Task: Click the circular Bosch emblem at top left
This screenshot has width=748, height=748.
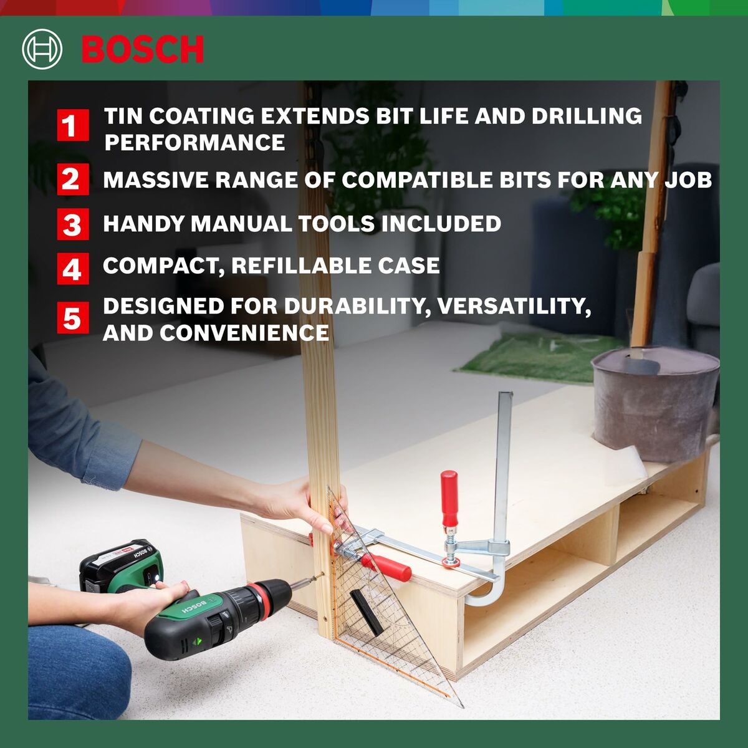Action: (x=42, y=49)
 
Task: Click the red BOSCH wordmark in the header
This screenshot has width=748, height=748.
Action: (x=143, y=50)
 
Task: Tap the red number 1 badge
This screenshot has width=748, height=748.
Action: (x=73, y=125)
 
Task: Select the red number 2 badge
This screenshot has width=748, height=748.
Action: (x=73, y=180)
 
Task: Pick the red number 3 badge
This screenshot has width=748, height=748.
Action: (x=73, y=224)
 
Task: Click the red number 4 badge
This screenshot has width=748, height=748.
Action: (x=73, y=269)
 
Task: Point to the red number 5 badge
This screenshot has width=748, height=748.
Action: (x=73, y=318)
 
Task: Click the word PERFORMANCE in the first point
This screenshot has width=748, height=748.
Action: (x=194, y=143)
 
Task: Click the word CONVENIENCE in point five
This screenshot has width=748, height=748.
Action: (x=244, y=333)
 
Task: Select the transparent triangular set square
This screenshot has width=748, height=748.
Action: (x=386, y=617)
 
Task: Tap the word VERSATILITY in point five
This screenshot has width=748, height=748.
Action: (x=513, y=307)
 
